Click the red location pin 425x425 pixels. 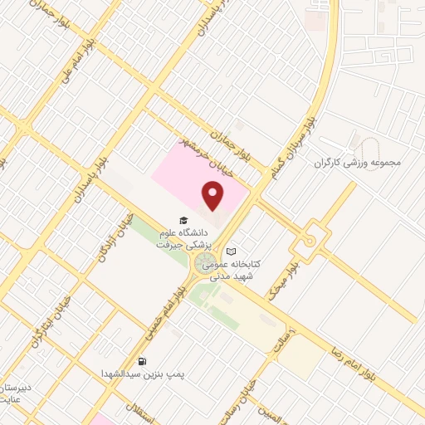pyautogui.click(x=214, y=197)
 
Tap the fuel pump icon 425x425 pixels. pyautogui.click(x=143, y=362)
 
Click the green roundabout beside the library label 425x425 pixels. pyautogui.click(x=204, y=265)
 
